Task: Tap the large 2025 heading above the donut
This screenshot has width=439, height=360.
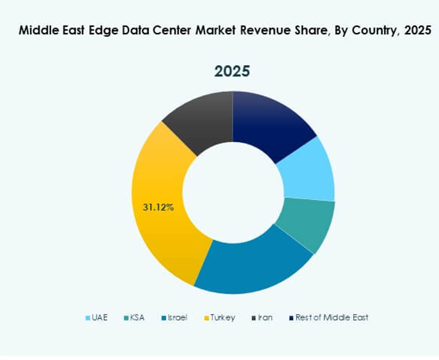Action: click(233, 70)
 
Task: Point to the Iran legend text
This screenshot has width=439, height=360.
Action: click(266, 317)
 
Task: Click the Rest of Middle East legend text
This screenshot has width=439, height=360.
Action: click(332, 317)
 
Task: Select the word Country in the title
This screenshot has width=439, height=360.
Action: click(369, 31)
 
